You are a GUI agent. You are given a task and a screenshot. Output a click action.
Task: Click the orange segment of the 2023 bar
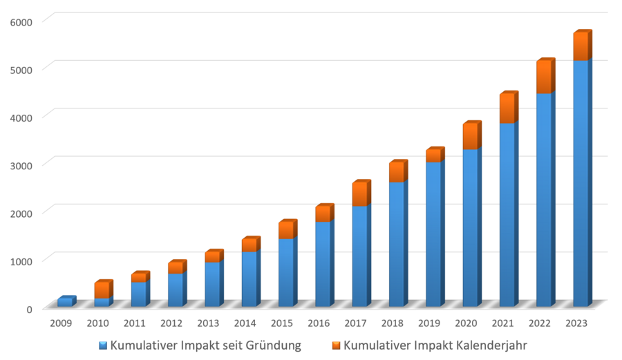point(581,46)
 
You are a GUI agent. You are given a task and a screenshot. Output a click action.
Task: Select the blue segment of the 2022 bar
point(544,200)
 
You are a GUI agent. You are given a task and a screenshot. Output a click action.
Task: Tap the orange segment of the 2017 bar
point(360,193)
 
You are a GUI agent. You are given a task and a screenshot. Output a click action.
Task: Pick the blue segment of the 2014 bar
point(249,279)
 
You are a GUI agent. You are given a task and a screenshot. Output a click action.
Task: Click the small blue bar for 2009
point(65,302)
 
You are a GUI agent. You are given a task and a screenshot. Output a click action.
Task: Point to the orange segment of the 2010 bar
point(102,290)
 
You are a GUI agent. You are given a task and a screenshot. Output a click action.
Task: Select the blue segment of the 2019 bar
point(434,235)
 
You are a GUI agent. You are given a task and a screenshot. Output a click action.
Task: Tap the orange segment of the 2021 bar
point(507,108)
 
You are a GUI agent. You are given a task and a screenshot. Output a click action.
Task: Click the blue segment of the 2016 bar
point(323,264)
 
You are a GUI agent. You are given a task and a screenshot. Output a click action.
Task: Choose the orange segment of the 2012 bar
point(176,267)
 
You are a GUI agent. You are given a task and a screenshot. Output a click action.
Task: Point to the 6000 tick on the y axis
point(21,22)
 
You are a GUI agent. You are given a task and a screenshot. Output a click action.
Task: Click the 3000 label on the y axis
point(21,165)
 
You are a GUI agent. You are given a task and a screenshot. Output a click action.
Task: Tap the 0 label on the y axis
point(29,308)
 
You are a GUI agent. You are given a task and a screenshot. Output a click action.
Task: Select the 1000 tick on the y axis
point(21,260)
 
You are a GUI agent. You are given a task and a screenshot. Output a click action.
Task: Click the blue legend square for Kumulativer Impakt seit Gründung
point(103,345)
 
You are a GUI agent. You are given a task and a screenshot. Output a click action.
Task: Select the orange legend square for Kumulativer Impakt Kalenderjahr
point(336,345)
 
